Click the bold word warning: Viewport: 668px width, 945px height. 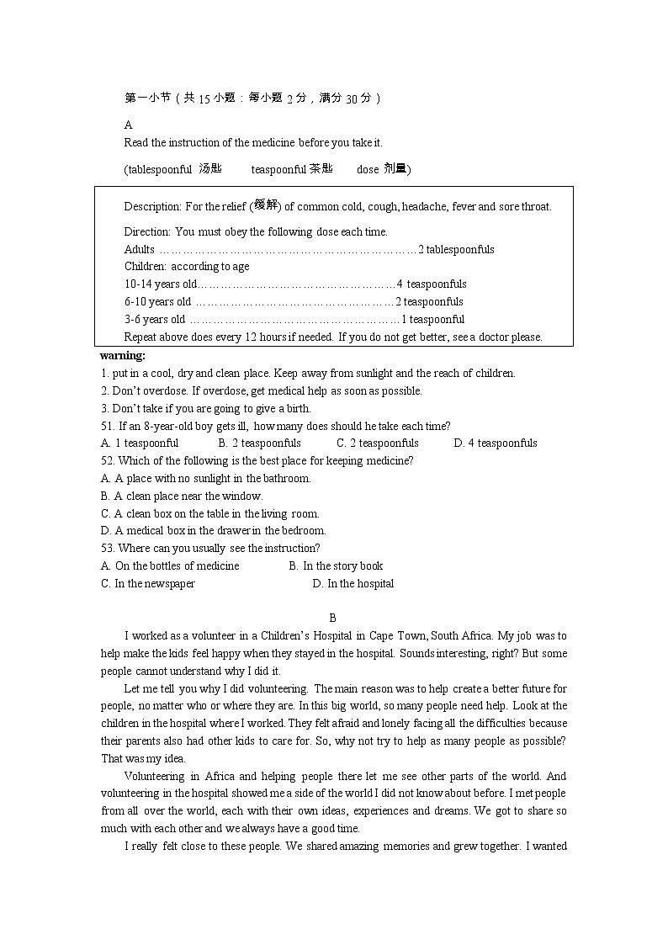(x=123, y=355)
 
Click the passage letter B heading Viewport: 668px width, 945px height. (x=333, y=618)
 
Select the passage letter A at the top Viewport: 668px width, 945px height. (x=129, y=125)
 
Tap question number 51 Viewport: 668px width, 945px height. (x=107, y=426)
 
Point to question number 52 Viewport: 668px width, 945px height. (x=107, y=460)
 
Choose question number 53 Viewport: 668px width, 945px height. (x=107, y=548)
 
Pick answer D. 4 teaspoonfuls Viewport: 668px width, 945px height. (x=496, y=443)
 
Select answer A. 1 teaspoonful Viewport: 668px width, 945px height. (x=140, y=443)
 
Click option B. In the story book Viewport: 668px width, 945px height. (x=336, y=565)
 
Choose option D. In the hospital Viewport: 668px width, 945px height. (x=353, y=583)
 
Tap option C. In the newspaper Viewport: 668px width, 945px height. (x=148, y=583)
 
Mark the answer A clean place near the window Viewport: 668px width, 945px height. (x=182, y=496)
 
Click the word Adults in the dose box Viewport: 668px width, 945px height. (x=140, y=249)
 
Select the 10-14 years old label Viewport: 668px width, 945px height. (x=160, y=284)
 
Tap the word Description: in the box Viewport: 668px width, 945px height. (x=152, y=206)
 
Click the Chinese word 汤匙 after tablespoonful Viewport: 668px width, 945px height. (x=210, y=168)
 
